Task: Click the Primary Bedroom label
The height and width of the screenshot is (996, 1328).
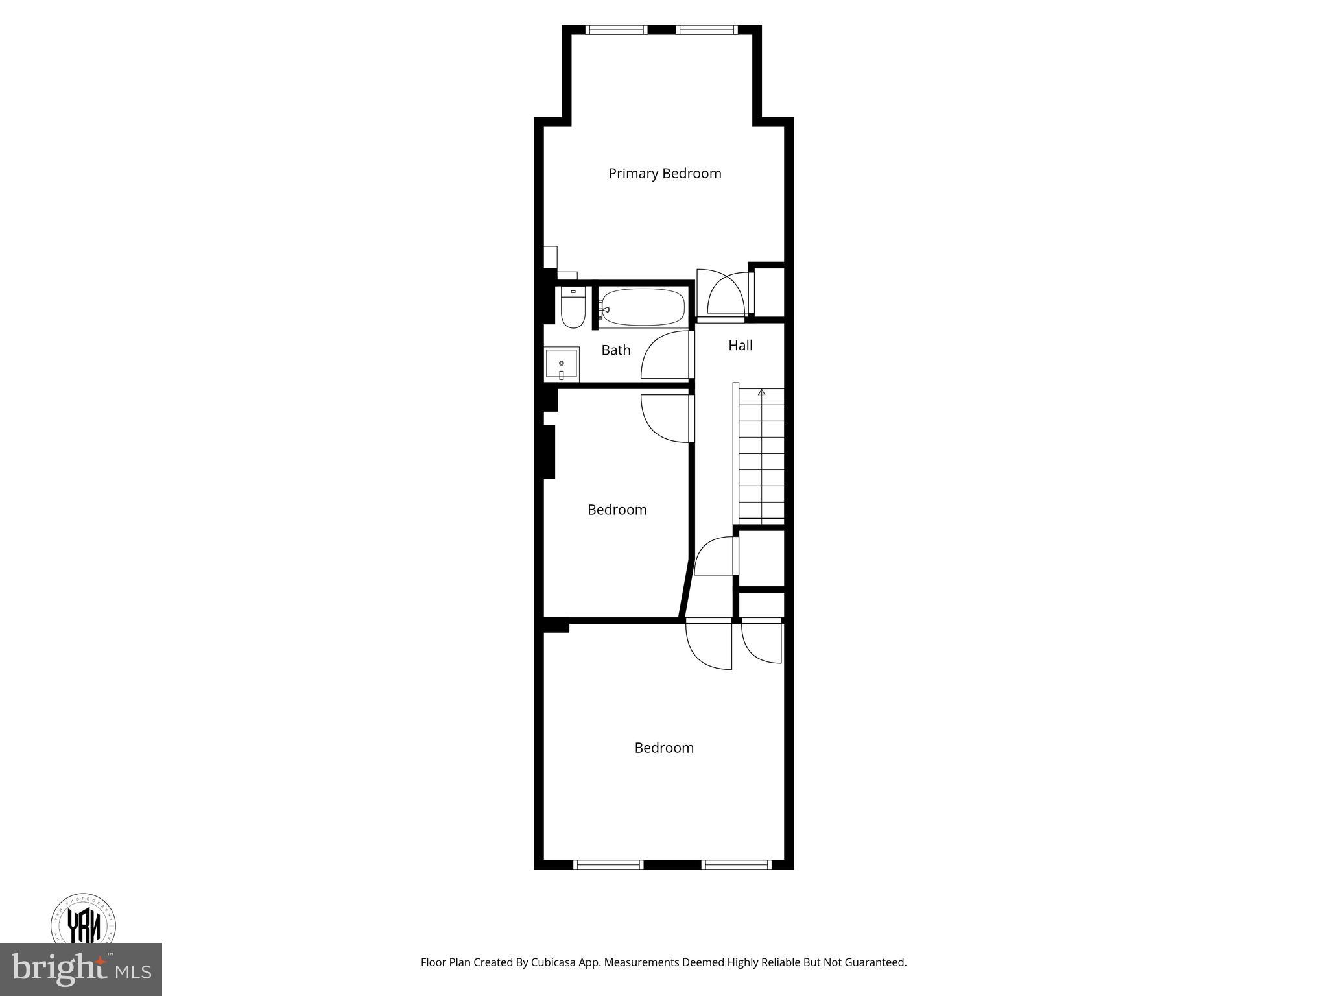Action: tap(665, 174)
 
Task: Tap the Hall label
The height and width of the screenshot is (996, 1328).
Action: tap(740, 346)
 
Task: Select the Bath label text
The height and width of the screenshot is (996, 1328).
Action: tap(615, 350)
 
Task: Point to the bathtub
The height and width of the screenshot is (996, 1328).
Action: tap(642, 307)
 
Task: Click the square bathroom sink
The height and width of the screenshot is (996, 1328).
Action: tap(561, 364)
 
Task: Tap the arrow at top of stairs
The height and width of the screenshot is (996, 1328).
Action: tap(762, 392)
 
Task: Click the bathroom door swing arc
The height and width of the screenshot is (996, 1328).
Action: tap(661, 355)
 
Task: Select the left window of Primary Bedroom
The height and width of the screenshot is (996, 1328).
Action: tap(616, 30)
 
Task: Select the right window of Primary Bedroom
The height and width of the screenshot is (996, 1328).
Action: tap(706, 30)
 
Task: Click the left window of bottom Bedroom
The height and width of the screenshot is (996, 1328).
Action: tap(608, 864)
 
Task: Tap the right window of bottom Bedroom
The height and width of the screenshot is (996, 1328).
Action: tap(737, 864)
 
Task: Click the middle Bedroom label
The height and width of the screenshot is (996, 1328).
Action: tap(617, 510)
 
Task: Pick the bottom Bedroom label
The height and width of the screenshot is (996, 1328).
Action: tap(664, 748)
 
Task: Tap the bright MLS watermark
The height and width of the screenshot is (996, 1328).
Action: tap(80, 969)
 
